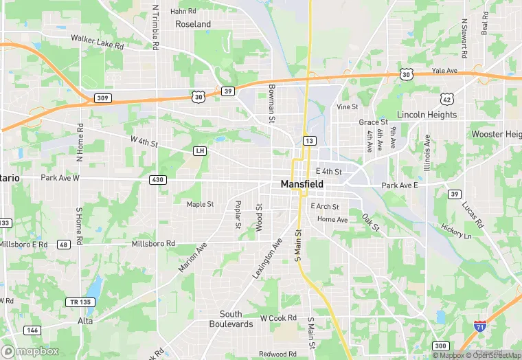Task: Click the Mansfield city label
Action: [302, 184]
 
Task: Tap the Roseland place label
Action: [193, 24]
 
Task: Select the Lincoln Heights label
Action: [427, 115]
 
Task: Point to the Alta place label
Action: [85, 321]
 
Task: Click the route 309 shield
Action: [102, 99]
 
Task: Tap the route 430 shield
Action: [157, 180]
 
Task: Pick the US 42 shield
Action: [447, 98]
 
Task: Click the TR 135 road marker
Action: [79, 302]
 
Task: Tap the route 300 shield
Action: [440, 346]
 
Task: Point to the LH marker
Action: [200, 150]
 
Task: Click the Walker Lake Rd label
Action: [97, 41]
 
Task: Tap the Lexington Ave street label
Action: [267, 258]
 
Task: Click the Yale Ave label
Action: [444, 71]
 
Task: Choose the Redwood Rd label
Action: [277, 354]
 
